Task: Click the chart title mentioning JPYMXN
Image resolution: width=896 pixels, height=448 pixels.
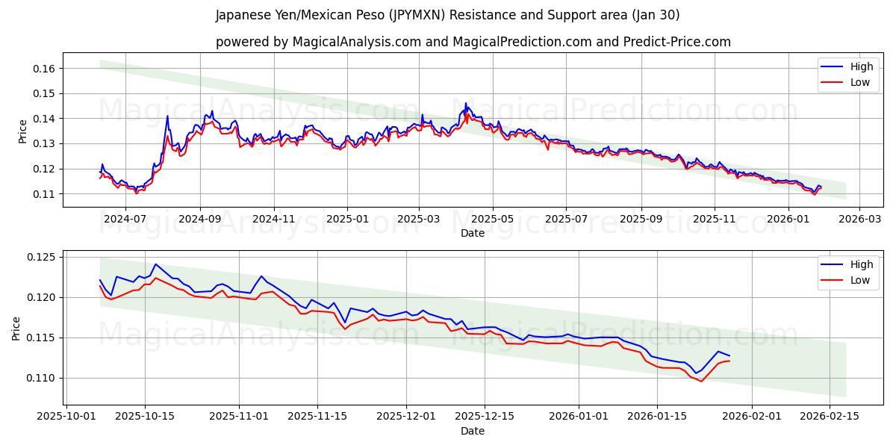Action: (447, 15)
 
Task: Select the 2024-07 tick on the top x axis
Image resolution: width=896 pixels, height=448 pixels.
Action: (125, 219)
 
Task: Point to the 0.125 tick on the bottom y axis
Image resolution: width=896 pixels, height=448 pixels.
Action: (41, 258)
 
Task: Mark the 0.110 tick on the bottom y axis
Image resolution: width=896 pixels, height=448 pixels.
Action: (41, 378)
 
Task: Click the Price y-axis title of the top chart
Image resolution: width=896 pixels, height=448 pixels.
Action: (22, 131)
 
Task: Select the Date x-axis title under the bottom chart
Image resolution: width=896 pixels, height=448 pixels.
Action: (473, 431)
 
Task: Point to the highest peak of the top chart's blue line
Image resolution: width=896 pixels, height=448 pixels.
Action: (466, 103)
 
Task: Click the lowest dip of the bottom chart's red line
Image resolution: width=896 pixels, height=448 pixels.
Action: (701, 382)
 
